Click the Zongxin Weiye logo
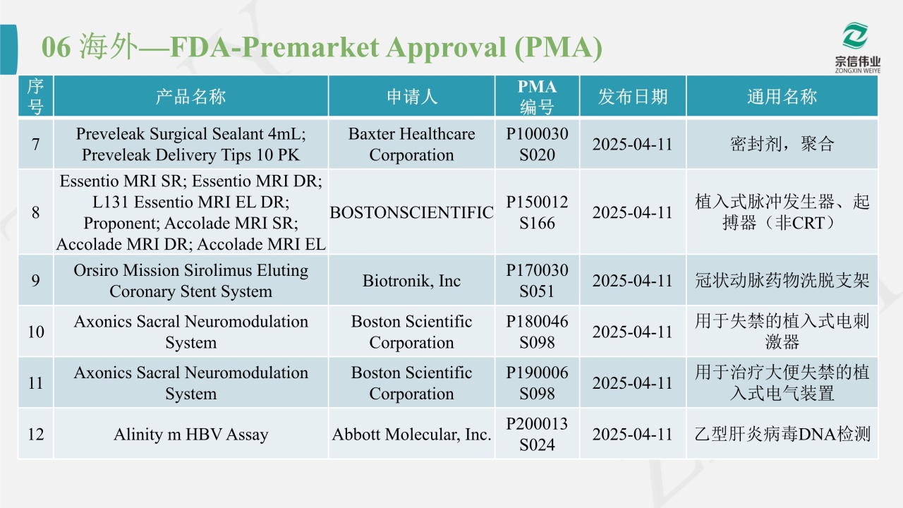(857, 48)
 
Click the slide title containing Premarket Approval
(322, 47)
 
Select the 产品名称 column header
(190, 97)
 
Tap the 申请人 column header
(411, 97)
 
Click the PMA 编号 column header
(537, 97)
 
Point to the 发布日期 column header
(633, 97)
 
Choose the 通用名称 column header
(782, 97)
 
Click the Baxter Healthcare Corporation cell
(411, 144)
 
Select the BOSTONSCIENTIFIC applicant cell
(411, 212)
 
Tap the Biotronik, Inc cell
(411, 280)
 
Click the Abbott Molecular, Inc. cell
(411, 434)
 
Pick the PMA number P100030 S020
(537, 144)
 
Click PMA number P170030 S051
(537, 280)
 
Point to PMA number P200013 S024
(537, 434)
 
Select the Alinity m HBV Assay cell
(190, 434)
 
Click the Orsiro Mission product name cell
(190, 280)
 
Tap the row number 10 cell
(35, 332)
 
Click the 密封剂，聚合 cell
(782, 144)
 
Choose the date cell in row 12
(633, 434)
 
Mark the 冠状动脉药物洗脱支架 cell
(782, 280)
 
